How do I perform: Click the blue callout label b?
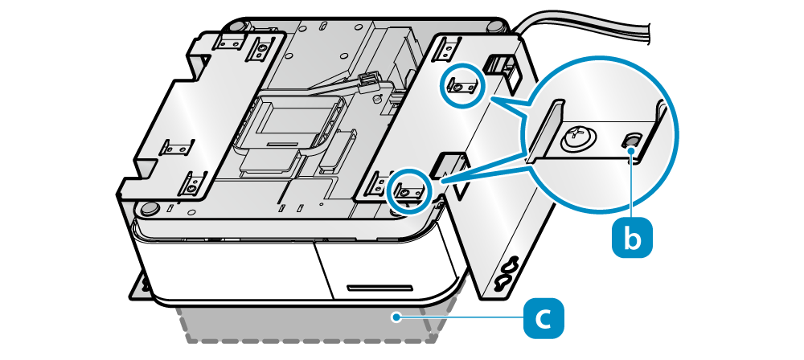point(632,238)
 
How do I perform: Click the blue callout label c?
point(544,318)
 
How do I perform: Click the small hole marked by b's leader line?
point(632,142)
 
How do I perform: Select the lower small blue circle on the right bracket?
point(409,191)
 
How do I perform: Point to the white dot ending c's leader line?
point(395,318)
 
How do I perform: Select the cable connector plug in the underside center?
point(370,80)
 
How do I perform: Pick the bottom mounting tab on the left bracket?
point(194,186)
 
